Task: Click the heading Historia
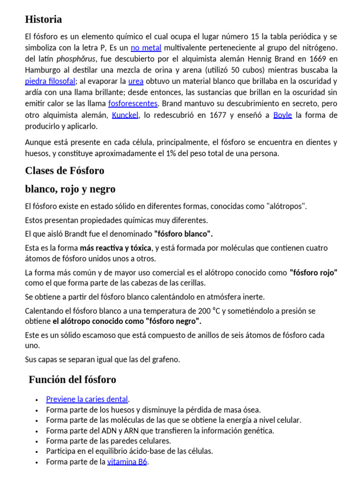point(43,20)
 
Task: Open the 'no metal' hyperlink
point(146,48)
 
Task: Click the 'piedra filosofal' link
point(50,81)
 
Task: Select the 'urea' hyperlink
point(135,81)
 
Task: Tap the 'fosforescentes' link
point(133,103)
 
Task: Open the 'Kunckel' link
point(125,115)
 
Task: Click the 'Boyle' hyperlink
point(282,115)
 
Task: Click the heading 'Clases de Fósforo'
point(65,170)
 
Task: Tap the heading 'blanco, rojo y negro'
point(70,189)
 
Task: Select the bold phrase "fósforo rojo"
point(313,272)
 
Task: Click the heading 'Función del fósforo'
point(72,379)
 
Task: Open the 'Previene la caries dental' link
point(87,399)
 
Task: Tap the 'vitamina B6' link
point(127,462)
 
